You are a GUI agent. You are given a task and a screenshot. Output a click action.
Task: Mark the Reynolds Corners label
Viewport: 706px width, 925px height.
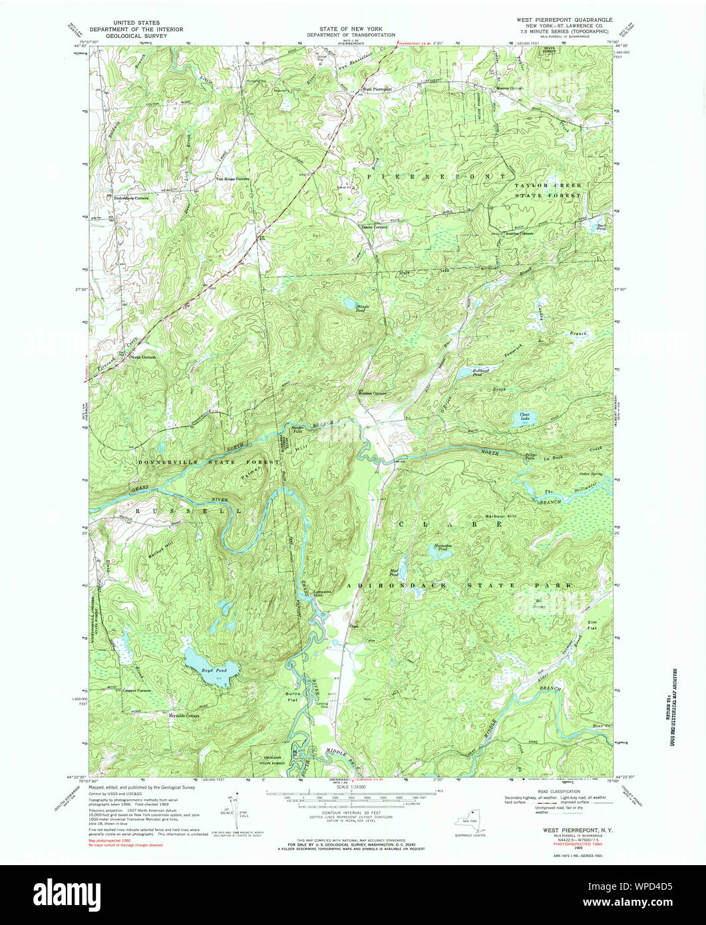pos(184,716)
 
